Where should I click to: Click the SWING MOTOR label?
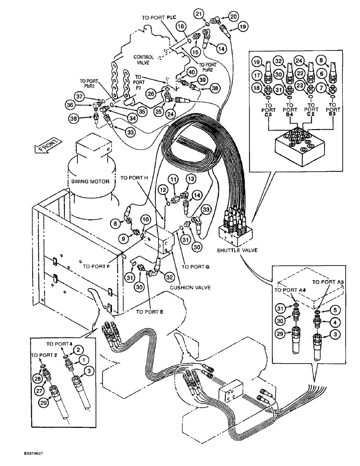click(x=90, y=182)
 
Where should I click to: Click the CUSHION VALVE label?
click(x=190, y=288)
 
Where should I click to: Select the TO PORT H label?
click(x=134, y=178)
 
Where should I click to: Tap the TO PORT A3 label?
click(x=328, y=282)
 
